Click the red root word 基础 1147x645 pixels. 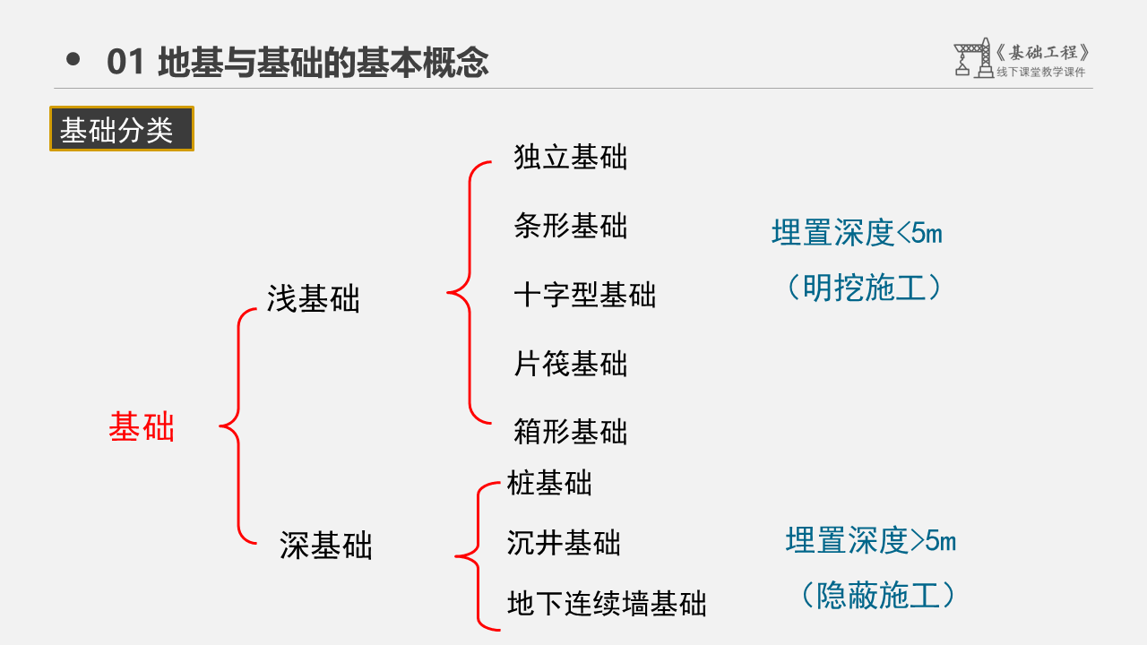[142, 427]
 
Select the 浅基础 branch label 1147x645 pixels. [313, 299]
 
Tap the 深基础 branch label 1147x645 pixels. [325, 546]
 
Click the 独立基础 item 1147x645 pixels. [571, 158]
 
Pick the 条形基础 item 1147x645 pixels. [571, 226]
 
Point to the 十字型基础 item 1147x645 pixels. [585, 295]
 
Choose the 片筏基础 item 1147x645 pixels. [571, 364]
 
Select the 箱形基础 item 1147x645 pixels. [571, 432]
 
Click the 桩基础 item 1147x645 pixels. [549, 484]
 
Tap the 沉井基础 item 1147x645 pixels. [564, 543]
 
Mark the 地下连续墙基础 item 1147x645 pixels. [607, 603]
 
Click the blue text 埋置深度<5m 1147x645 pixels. [857, 234]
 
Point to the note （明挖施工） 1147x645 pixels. [864, 288]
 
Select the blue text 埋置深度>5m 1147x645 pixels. [870, 541]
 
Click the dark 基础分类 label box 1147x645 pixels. [121, 130]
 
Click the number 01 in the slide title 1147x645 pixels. [125, 63]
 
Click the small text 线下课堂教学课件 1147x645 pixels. [1041, 73]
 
